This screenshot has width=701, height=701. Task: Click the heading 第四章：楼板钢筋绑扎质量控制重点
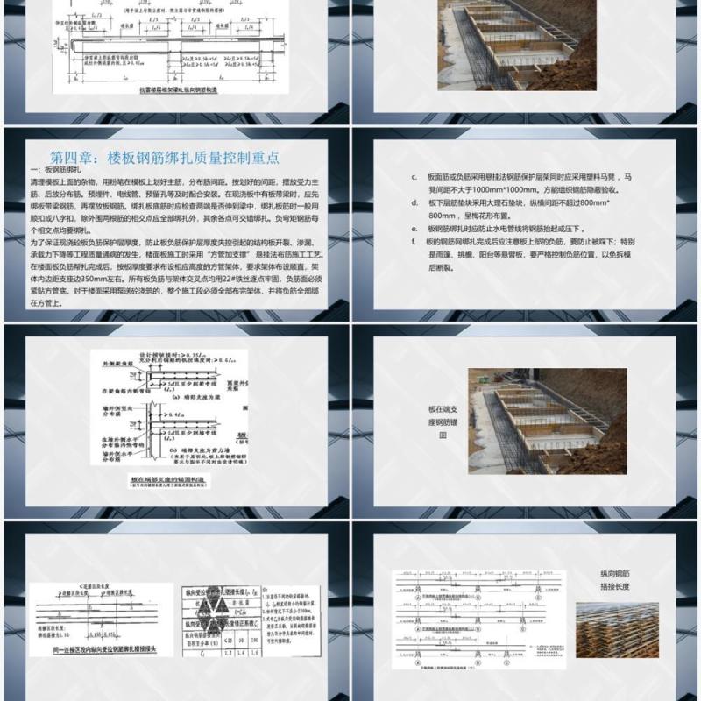(165, 157)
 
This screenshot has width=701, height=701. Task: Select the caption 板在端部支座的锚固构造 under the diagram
(169, 479)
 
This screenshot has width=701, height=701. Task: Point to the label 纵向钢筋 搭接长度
(615, 580)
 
